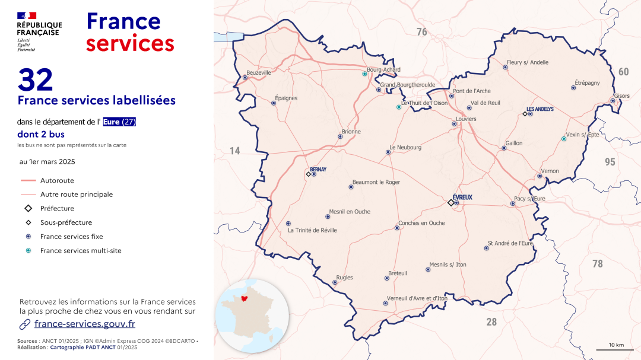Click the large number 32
tap(36, 80)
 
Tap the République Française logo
tap(39, 31)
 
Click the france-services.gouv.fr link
tap(84, 324)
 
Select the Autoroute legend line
tap(28, 180)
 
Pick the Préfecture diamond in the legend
tap(28, 208)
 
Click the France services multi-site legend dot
tap(28, 250)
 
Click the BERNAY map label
tap(318, 169)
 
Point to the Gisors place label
tap(621, 95)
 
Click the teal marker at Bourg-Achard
tap(364, 74)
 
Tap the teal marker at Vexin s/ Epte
tap(563, 139)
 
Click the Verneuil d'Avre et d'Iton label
tap(417, 298)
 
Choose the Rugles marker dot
tap(334, 282)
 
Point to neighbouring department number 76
tap(421, 32)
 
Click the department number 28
tap(491, 322)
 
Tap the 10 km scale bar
tap(615, 350)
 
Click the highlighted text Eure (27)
tap(119, 122)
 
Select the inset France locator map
tap(253, 316)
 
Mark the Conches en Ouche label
tap(421, 223)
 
